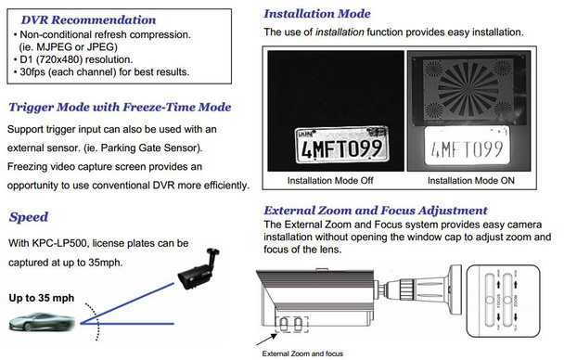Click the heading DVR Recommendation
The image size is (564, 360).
tap(75, 19)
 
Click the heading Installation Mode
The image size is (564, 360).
tap(317, 14)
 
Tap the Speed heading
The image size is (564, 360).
tap(29, 217)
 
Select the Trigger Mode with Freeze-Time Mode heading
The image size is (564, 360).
tap(119, 107)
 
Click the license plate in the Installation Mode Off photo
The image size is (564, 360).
tap(335, 144)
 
